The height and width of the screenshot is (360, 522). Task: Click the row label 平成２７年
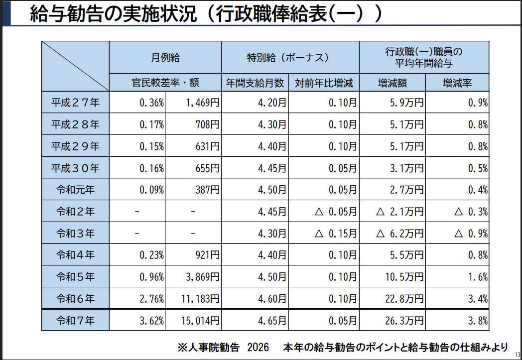[x=75, y=103]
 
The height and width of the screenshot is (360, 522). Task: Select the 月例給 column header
[x=165, y=57]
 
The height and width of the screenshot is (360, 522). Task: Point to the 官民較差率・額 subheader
[x=165, y=83]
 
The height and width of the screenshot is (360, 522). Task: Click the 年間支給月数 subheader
[x=255, y=83]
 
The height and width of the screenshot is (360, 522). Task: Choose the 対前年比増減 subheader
[x=324, y=83]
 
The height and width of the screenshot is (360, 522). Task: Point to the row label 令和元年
[x=75, y=190]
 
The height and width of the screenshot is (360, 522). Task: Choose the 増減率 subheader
[x=457, y=83]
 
